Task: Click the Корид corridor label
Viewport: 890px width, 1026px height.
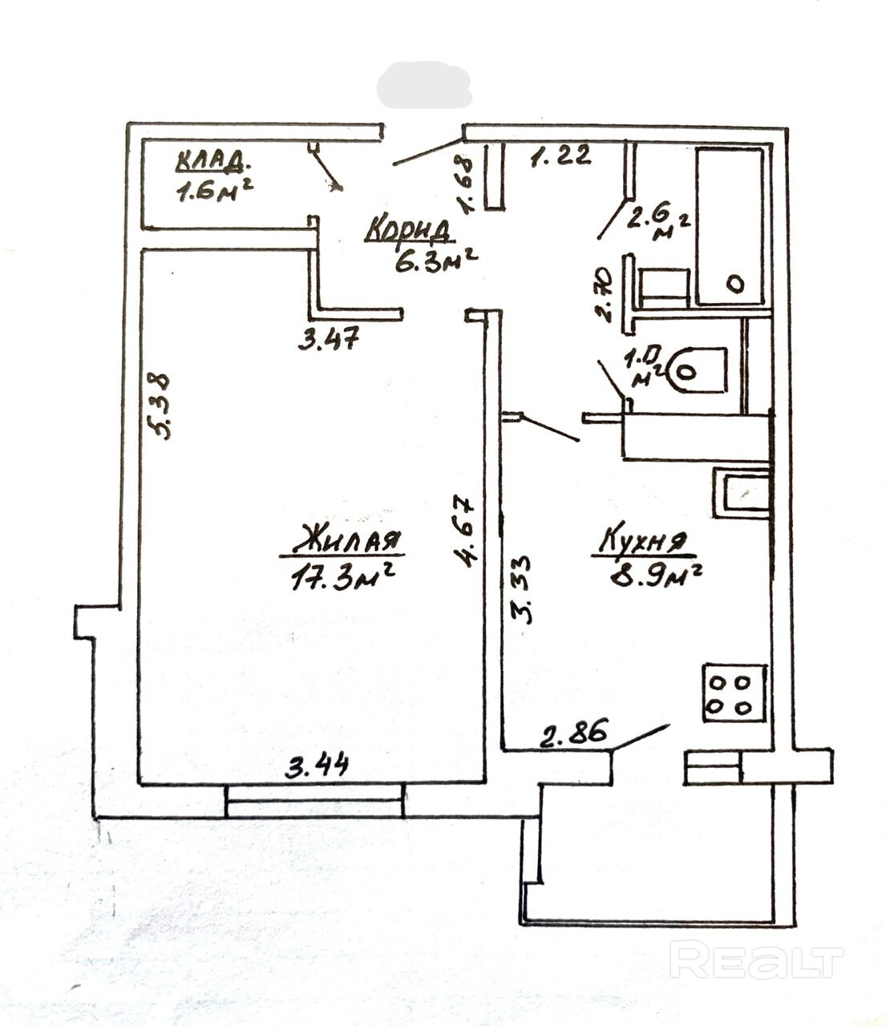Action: pyautogui.click(x=409, y=230)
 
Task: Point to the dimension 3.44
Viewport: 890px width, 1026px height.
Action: pyautogui.click(x=318, y=767)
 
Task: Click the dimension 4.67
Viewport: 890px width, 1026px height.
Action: pyautogui.click(x=465, y=532)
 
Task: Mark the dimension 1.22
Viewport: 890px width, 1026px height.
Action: pyautogui.click(x=561, y=155)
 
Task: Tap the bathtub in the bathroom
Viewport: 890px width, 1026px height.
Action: pyautogui.click(x=729, y=226)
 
